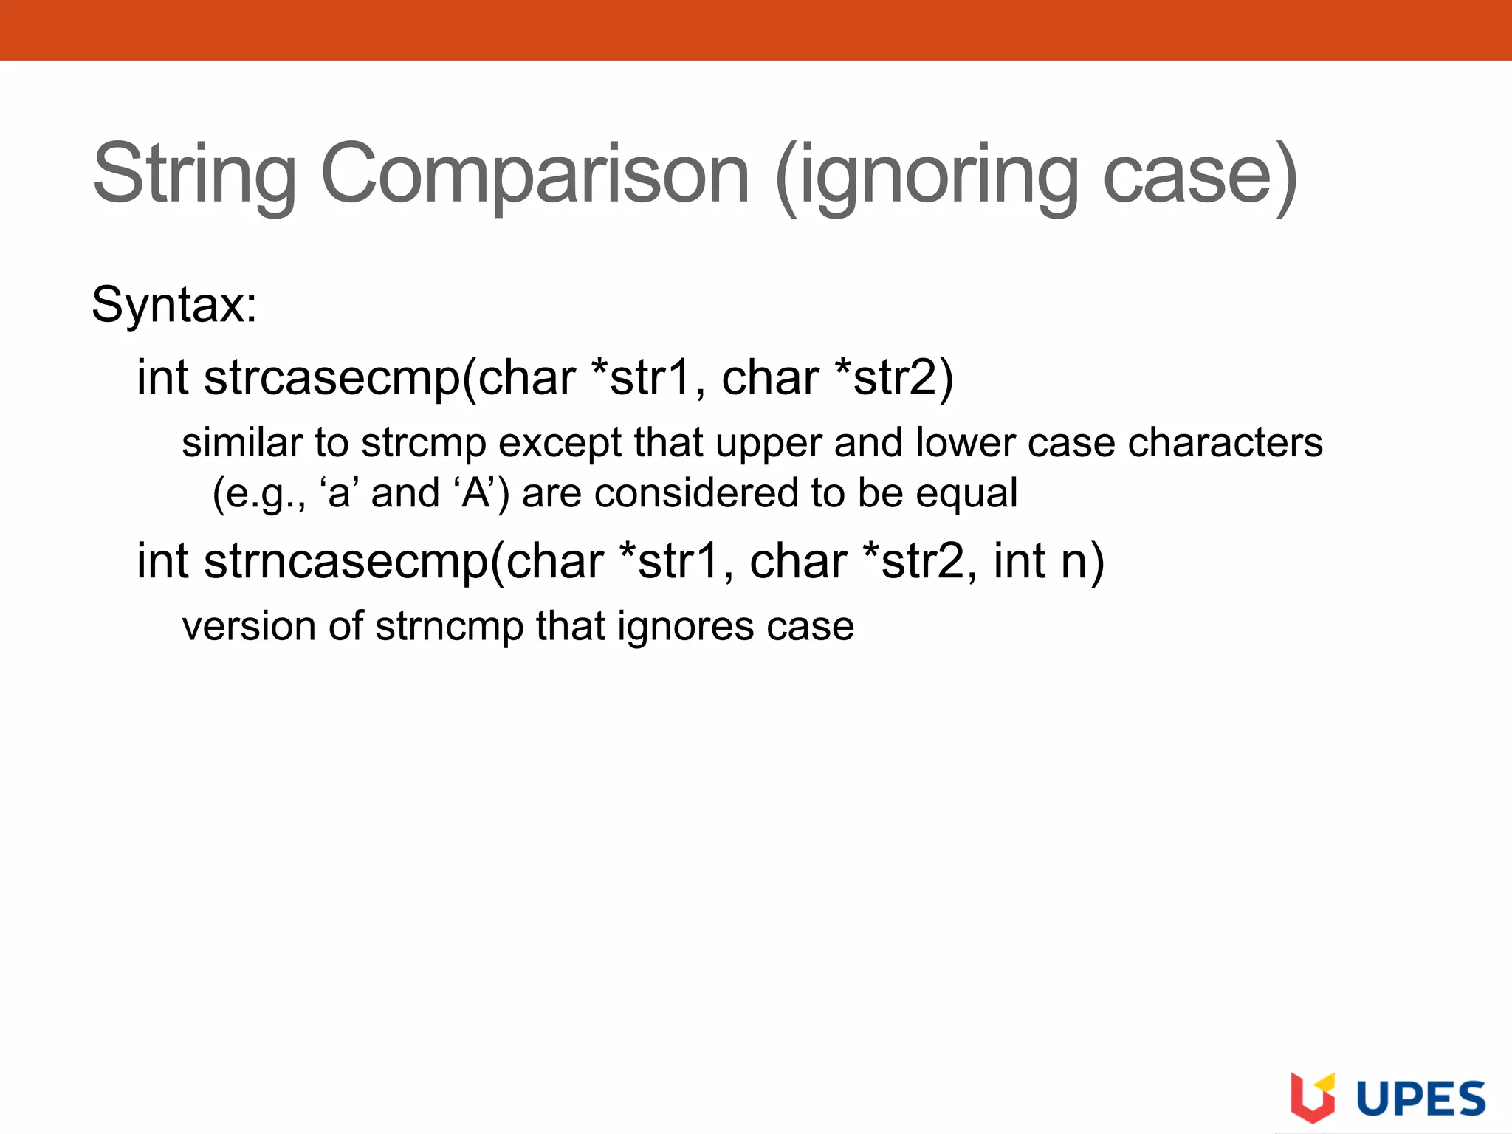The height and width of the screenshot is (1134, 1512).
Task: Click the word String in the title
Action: pos(194,174)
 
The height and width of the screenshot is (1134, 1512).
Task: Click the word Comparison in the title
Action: pos(535,174)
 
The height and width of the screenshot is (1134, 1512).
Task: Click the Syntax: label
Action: pos(174,304)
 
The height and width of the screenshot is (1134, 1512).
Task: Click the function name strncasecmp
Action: pos(346,561)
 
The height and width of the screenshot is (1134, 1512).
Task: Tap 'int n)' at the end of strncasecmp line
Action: pos(1048,561)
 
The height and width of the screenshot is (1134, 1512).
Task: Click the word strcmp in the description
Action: pos(424,444)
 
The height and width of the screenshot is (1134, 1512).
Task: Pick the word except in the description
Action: pos(560,444)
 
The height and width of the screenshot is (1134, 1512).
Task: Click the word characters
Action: pos(1225,443)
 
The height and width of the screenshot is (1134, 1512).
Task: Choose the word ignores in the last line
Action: pos(686,627)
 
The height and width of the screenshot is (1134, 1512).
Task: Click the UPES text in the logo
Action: pos(1421,1099)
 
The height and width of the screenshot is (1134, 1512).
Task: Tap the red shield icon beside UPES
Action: pos(1313,1096)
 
